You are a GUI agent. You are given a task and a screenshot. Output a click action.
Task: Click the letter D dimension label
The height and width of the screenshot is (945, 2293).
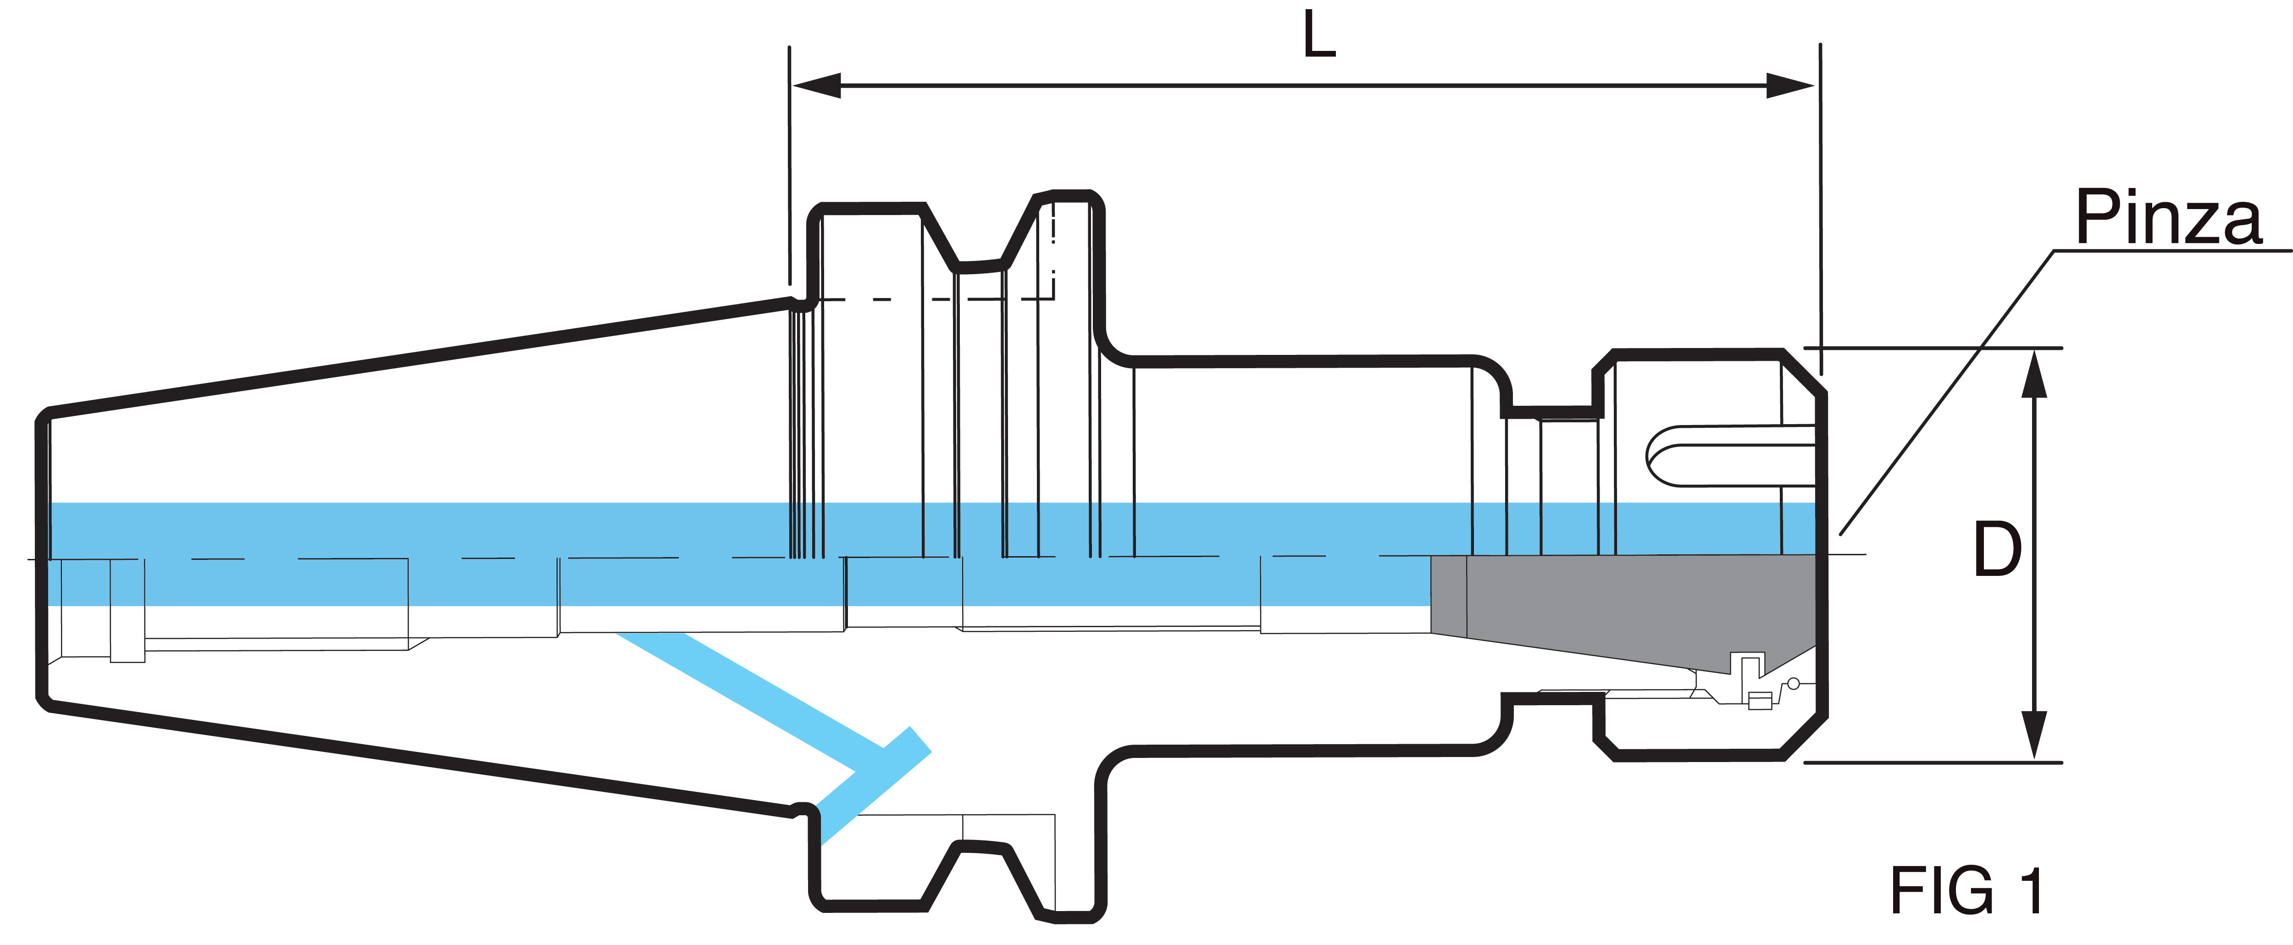click(1997, 549)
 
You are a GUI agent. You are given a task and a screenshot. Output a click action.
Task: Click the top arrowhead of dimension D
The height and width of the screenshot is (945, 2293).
click(2034, 374)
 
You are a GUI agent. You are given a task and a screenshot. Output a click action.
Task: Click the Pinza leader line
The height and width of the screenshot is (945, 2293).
click(1950, 392)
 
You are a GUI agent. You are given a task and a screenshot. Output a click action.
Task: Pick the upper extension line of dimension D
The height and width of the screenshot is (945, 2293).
click(1932, 348)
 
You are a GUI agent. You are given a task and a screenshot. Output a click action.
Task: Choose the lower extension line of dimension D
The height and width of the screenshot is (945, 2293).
click(1932, 763)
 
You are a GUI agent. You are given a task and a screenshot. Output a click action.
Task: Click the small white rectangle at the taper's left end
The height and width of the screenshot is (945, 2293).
click(127, 610)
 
